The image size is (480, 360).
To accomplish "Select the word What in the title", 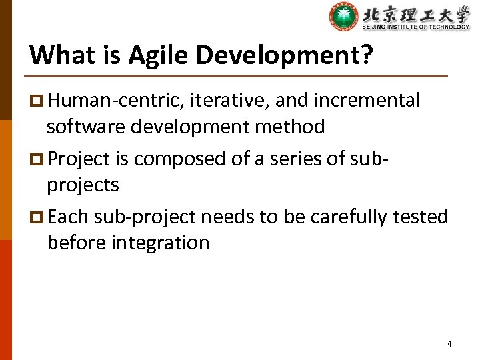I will tap(58, 55).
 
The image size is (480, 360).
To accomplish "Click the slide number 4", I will tap(449, 344).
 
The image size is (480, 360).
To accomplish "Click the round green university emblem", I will tap(343, 17).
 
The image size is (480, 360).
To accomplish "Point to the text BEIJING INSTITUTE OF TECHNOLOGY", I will tap(415, 27).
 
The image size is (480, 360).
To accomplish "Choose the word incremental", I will tap(367, 101).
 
